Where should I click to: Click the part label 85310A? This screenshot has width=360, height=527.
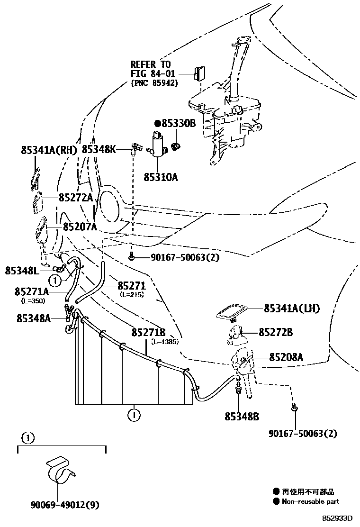161,177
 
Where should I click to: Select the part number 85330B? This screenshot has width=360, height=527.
179,123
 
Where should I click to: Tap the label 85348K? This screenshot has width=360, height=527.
99,149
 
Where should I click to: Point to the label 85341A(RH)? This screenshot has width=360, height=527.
49,150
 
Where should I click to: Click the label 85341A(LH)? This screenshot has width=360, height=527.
292,309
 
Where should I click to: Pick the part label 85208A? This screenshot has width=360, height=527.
286,357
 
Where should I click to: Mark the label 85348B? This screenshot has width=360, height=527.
242,417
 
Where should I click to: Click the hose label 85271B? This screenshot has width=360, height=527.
148,333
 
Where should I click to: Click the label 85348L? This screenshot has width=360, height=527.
22,271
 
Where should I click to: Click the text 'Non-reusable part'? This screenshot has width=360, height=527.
310,501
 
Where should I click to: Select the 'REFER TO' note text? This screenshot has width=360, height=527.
151,64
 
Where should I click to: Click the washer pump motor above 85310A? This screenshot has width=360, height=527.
157,143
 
